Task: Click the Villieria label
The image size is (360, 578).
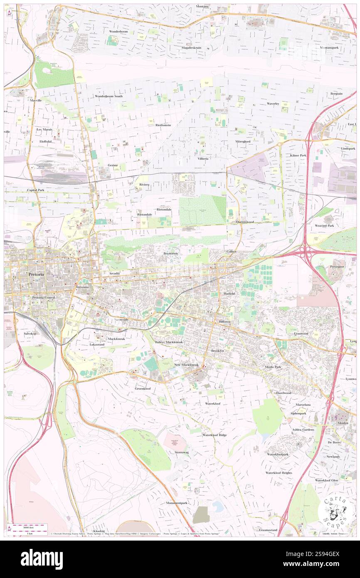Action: coord(203,158)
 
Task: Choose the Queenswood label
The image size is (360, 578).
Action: coord(245,222)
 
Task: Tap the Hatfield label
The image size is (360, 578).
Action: coord(229,294)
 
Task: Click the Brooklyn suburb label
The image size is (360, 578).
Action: coord(217,351)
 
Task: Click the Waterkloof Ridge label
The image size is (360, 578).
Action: coord(215,435)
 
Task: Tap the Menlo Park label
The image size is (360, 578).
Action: coord(273,367)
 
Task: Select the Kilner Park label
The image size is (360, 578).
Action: coord(298,155)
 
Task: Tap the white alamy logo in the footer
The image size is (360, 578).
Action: coord(42,559)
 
